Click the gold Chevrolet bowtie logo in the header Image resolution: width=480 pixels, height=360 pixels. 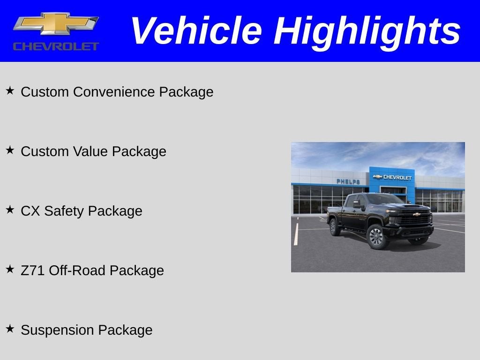point(56,23)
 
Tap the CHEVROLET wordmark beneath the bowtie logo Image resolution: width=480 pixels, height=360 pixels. point(56,46)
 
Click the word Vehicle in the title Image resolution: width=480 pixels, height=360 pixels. point(195,31)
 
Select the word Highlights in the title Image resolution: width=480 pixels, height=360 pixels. point(367,31)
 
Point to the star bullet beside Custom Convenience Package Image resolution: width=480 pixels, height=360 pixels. point(10,90)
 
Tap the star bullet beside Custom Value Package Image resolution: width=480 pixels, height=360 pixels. point(10,150)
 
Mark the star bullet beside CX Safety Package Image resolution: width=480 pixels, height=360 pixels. point(10,209)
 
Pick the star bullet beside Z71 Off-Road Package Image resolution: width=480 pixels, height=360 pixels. point(10,269)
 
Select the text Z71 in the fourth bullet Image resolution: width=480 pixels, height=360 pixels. point(33,270)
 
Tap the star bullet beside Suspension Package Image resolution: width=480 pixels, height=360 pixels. point(10,328)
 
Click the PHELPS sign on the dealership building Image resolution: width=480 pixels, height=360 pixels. point(348,181)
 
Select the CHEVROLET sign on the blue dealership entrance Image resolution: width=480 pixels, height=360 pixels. point(393,177)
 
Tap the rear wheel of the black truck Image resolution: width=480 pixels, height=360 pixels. point(335,227)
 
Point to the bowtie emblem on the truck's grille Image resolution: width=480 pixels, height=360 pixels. point(416,214)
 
